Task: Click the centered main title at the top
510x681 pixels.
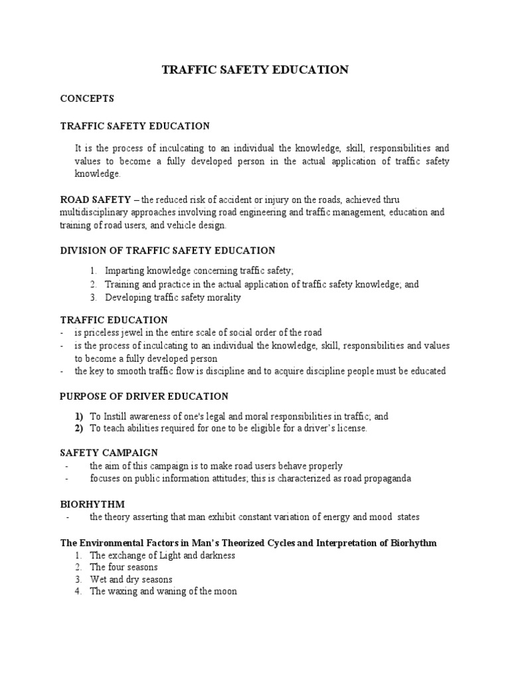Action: coord(255,70)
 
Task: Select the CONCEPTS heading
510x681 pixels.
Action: coord(87,98)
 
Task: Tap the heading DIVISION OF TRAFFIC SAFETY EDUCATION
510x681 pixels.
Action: coord(167,250)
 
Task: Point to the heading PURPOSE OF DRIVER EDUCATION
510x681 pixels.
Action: coord(144,396)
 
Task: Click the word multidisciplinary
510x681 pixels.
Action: coord(96,212)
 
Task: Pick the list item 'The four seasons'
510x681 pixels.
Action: coord(124,567)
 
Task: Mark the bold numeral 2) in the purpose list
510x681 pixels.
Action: coord(79,428)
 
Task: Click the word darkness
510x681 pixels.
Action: coord(214,555)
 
